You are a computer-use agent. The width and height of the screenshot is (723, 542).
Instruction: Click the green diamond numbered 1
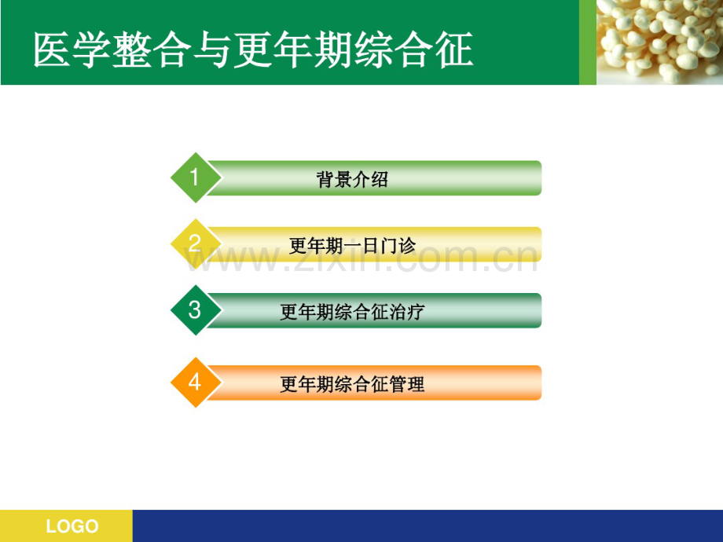(x=196, y=178)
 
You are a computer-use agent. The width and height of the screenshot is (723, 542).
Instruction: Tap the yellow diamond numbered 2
(x=196, y=244)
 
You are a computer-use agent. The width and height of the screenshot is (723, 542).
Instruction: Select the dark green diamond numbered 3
(x=196, y=310)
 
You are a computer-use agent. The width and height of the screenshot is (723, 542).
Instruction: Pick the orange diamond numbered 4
(x=196, y=382)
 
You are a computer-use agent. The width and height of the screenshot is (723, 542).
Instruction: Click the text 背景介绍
(x=352, y=179)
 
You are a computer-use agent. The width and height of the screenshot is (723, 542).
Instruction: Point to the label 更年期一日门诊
(x=352, y=246)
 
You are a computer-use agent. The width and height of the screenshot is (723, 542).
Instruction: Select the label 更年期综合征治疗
(x=352, y=312)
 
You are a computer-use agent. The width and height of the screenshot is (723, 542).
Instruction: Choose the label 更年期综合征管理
(x=352, y=384)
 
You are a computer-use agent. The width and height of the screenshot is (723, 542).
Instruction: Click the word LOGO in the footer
(x=72, y=526)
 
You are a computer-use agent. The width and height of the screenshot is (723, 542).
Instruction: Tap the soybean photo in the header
(x=660, y=42)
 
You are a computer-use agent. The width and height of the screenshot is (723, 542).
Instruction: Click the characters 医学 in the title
(x=72, y=49)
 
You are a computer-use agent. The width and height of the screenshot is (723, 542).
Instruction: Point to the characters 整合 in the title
(x=152, y=49)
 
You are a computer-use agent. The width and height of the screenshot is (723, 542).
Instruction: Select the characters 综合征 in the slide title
(x=413, y=49)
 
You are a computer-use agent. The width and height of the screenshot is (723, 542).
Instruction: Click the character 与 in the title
(x=212, y=49)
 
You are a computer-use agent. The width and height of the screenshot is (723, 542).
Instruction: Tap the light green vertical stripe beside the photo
(x=588, y=42)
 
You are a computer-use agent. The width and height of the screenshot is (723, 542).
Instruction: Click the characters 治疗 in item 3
(x=407, y=312)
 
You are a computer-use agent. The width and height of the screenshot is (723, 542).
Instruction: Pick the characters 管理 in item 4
(x=407, y=384)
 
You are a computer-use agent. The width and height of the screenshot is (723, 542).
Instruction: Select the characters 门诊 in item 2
(x=398, y=246)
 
